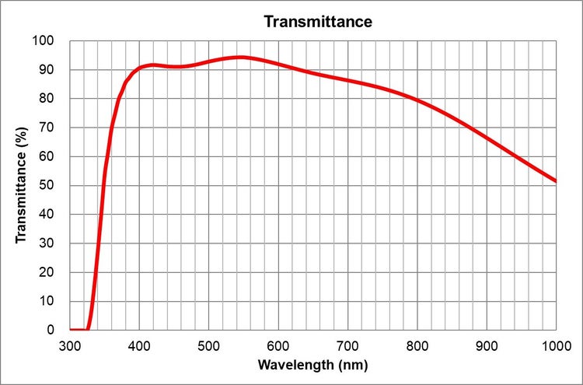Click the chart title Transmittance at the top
(x=318, y=22)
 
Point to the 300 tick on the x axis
(x=70, y=345)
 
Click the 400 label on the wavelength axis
(x=139, y=345)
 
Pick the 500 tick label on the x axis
(x=208, y=345)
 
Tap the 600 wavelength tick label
(x=278, y=345)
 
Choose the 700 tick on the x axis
(x=347, y=345)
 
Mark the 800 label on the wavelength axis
(x=417, y=345)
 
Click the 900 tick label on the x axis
(x=487, y=345)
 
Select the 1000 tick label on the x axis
(x=555, y=345)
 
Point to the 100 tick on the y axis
(x=44, y=40)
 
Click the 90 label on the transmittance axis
(x=47, y=69)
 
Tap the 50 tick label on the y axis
(x=47, y=185)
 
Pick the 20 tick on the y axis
(x=47, y=272)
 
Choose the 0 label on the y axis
(x=51, y=330)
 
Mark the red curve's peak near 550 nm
(x=243, y=57)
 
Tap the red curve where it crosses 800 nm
(x=417, y=100)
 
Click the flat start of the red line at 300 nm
(x=72, y=329)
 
